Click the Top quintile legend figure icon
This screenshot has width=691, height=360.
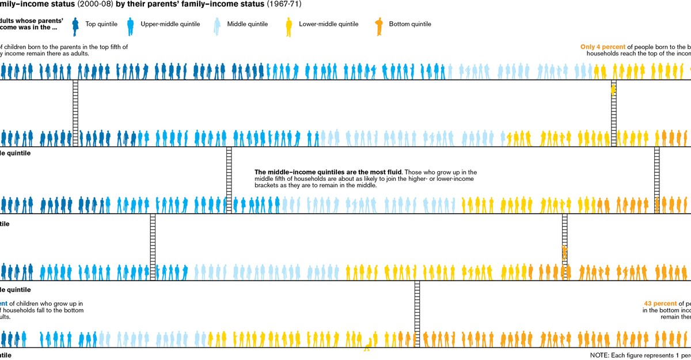pyautogui.click(x=75, y=25)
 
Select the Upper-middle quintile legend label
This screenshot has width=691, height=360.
pyautogui.click(x=170, y=24)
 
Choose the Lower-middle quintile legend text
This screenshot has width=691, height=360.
pyautogui.click(x=328, y=24)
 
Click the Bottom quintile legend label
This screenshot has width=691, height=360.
pyautogui.click(x=410, y=24)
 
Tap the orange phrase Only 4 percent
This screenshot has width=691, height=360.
pyautogui.click(x=602, y=47)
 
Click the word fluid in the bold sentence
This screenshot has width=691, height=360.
pyautogui.click(x=393, y=172)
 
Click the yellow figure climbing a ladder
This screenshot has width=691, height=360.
pyautogui.click(x=613, y=90)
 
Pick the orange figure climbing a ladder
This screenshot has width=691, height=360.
pyautogui.click(x=564, y=252)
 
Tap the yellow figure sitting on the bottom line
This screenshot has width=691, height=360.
pyautogui.click(x=367, y=344)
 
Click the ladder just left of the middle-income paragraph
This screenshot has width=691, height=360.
pyautogui.click(x=229, y=180)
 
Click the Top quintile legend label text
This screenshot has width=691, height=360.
pyautogui.click(x=101, y=24)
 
